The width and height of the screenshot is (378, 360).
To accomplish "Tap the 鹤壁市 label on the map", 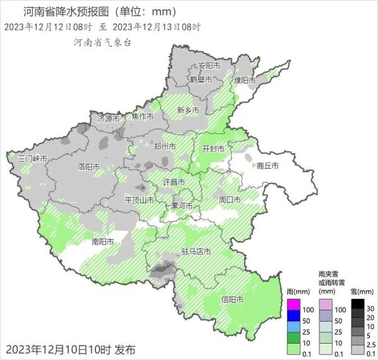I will point(201,80).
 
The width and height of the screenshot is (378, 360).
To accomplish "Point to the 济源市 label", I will point(108,118).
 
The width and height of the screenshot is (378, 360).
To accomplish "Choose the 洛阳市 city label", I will point(88,167).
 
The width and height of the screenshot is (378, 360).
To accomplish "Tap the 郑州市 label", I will point(165,147).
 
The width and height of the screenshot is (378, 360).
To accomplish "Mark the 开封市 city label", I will point(212,149).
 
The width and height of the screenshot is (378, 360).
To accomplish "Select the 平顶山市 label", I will point(140,200).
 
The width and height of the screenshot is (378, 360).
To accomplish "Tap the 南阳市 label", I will point(103,242).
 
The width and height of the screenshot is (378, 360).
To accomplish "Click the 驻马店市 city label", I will point(196,252).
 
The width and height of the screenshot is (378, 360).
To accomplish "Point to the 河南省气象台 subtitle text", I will point(102,41).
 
